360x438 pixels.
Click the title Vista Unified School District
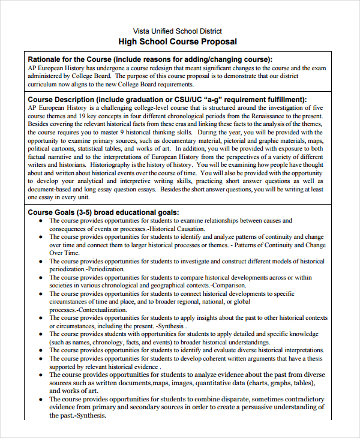pos(178,31)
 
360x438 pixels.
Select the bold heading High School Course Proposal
pos(178,42)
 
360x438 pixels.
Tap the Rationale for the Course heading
pos(69,59)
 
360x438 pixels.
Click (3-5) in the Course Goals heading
pos(83,212)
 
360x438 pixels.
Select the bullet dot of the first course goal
pos(40,221)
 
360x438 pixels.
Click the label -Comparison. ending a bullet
pos(228,286)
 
